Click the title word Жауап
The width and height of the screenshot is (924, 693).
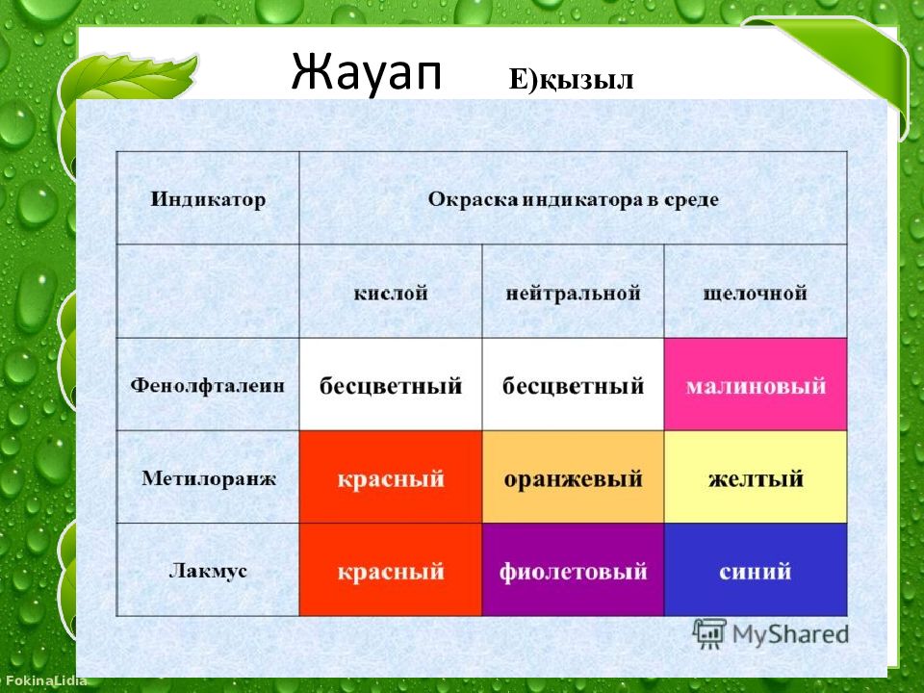click(366, 72)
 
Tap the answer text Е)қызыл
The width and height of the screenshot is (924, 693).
click(571, 80)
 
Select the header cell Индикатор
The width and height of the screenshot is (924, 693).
click(208, 199)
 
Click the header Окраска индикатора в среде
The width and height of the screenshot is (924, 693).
click(574, 199)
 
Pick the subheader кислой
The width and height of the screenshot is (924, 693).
click(391, 293)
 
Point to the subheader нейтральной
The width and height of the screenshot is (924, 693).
click(574, 293)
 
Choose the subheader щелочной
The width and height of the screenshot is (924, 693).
click(755, 293)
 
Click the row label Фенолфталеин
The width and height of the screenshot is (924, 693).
click(208, 385)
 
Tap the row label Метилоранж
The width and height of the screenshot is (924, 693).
click(209, 478)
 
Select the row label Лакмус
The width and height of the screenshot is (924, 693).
click(208, 571)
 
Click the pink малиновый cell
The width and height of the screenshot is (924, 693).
click(756, 384)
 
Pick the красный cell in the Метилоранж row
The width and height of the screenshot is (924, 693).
click(391, 476)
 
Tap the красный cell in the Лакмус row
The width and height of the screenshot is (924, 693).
click(391, 569)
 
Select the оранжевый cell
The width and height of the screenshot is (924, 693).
click(574, 476)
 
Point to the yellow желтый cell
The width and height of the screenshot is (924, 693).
click(756, 476)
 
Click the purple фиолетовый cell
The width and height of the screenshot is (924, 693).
click(574, 569)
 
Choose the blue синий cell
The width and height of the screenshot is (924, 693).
click(756, 569)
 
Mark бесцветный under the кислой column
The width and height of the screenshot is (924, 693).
click(391, 386)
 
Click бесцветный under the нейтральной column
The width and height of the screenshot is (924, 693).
click(574, 386)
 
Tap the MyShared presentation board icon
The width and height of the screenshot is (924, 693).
click(709, 633)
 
